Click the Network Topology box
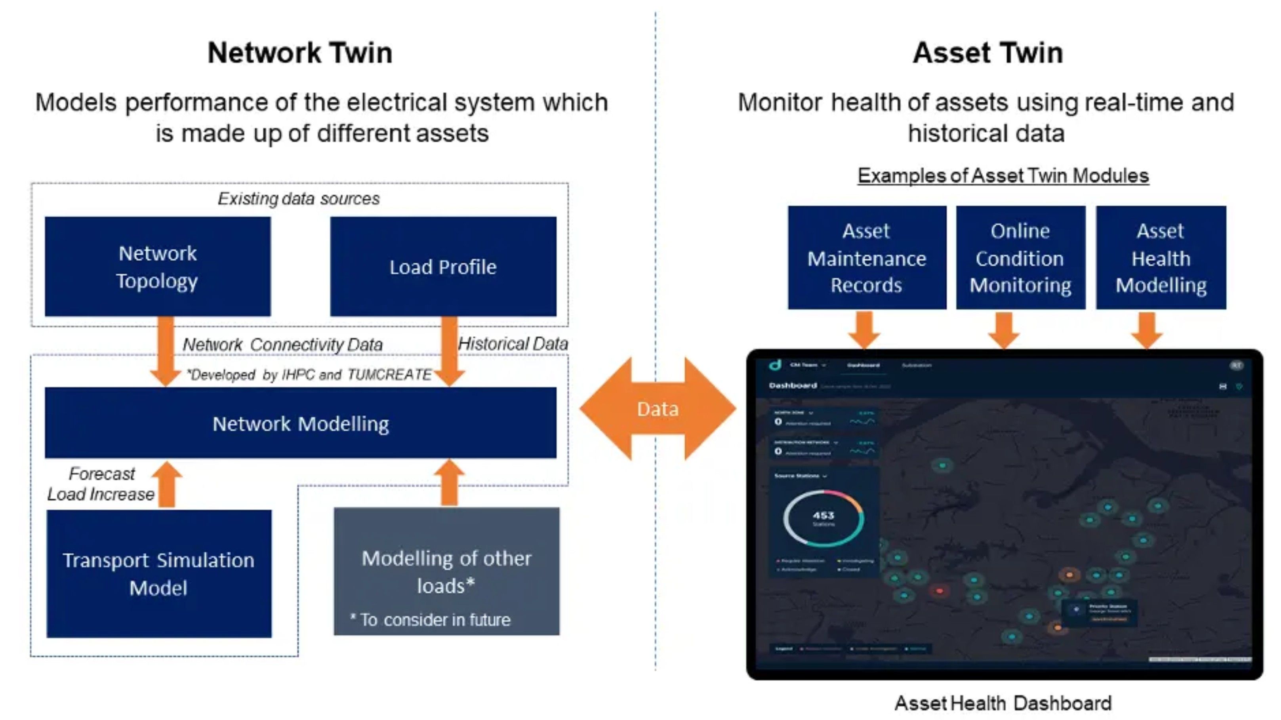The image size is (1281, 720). coord(158,267)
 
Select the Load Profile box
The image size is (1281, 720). coord(443,267)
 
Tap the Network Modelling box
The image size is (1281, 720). coord(300,423)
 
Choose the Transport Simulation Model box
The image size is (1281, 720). coord(158,573)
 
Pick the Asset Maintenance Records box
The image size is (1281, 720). coord(867,257)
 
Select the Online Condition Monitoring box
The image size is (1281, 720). coord(1020,257)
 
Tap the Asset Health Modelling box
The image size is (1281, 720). coord(1161,257)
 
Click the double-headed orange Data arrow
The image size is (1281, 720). coord(658,409)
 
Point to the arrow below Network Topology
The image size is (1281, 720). coord(166,350)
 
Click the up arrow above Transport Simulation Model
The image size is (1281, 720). coord(167,484)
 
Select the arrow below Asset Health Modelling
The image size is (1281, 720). coord(1146,330)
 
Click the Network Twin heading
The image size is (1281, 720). coord(300,53)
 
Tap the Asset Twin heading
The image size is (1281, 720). coord(987,53)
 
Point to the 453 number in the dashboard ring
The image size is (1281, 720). coord(823,516)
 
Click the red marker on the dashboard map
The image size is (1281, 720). coord(940,591)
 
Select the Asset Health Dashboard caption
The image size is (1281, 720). coord(1003,703)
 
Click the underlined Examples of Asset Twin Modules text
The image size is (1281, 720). coord(1003,175)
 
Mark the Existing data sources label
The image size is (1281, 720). coord(299,199)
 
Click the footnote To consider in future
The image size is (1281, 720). coord(431,619)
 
